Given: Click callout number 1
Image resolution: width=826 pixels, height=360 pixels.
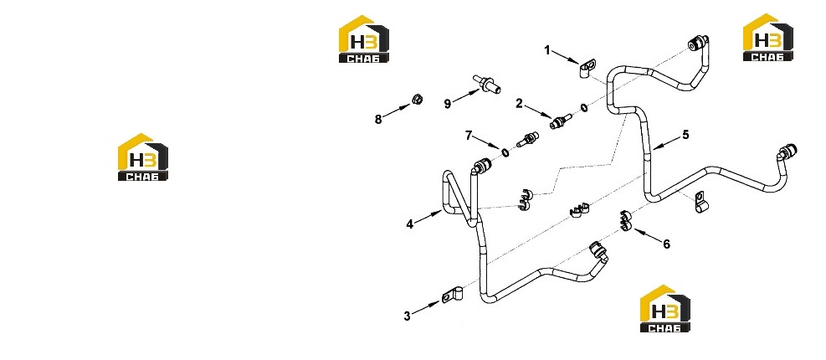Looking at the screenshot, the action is pyautogui.click(x=547, y=50).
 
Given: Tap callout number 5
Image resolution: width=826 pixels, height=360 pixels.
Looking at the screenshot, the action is pyautogui.click(x=685, y=135).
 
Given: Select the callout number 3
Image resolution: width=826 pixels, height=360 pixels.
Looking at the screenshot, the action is pyautogui.click(x=407, y=316).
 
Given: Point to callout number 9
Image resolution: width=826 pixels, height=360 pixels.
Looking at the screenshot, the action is pyautogui.click(x=447, y=103).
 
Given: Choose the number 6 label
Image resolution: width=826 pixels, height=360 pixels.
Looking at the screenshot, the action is pyautogui.click(x=666, y=244).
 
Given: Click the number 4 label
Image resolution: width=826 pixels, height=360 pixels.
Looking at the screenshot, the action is pyautogui.click(x=409, y=224).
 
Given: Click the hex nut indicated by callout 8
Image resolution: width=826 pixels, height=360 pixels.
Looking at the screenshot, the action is pyautogui.click(x=416, y=99).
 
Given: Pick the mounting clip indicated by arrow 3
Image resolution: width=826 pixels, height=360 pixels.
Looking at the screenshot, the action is pyautogui.click(x=452, y=295).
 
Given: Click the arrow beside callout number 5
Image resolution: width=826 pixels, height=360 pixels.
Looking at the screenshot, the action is pyautogui.click(x=664, y=142).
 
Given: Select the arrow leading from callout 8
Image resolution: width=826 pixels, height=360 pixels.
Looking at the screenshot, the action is pyautogui.click(x=396, y=111).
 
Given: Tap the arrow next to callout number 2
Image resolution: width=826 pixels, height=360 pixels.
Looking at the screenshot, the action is pyautogui.click(x=537, y=112).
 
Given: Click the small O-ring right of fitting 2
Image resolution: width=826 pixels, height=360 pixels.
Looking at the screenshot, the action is pyautogui.click(x=584, y=108).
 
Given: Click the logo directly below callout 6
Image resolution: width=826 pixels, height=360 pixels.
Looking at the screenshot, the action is pyautogui.click(x=665, y=309).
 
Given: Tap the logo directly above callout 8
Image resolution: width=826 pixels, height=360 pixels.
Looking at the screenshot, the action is pyautogui.click(x=364, y=39).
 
